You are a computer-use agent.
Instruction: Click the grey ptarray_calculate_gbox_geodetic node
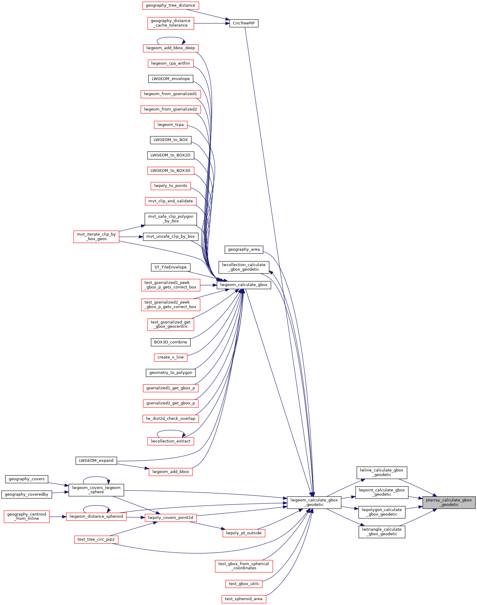(449, 502)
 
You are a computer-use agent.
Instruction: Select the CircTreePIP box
(244, 23)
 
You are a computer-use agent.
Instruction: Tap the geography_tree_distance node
(170, 5)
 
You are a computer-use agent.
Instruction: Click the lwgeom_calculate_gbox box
(244, 285)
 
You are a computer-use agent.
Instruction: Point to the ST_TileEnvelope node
(170, 267)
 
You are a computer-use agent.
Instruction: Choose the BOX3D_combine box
(170, 342)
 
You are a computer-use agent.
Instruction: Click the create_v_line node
(170, 357)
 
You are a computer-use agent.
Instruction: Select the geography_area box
(244, 249)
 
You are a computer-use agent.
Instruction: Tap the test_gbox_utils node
(244, 584)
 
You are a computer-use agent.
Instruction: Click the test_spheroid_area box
(244, 599)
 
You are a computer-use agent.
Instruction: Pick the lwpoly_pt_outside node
(244, 533)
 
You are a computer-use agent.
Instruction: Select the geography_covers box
(27, 479)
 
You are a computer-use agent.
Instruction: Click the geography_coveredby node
(27, 494)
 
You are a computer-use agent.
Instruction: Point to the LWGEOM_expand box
(96, 461)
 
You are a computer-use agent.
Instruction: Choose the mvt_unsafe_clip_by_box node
(170, 237)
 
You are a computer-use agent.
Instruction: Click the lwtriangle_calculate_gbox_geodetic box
(382, 532)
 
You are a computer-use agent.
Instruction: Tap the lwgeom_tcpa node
(170, 125)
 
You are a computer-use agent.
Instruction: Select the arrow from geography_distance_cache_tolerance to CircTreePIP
(211, 23)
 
